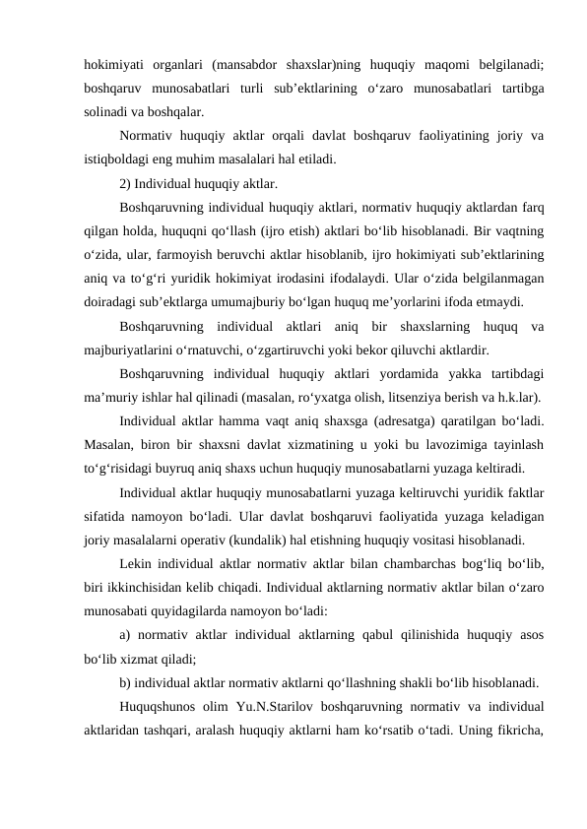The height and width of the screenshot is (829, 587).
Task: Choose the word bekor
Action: (387, 349)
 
